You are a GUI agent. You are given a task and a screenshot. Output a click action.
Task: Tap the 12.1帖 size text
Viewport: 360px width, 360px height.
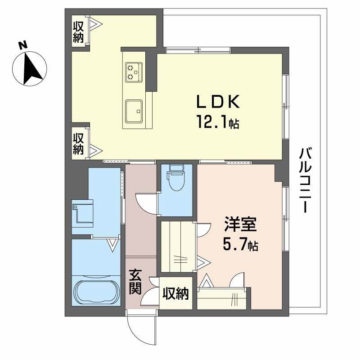(216, 122)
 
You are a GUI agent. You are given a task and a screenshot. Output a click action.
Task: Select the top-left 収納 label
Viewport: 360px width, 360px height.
(78, 31)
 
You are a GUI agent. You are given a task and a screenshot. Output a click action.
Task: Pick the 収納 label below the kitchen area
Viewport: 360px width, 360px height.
(78, 143)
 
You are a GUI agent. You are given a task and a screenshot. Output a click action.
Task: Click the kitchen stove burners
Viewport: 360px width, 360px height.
(134, 72)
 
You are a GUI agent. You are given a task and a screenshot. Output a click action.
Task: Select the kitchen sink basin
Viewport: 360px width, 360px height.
(134, 110)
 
